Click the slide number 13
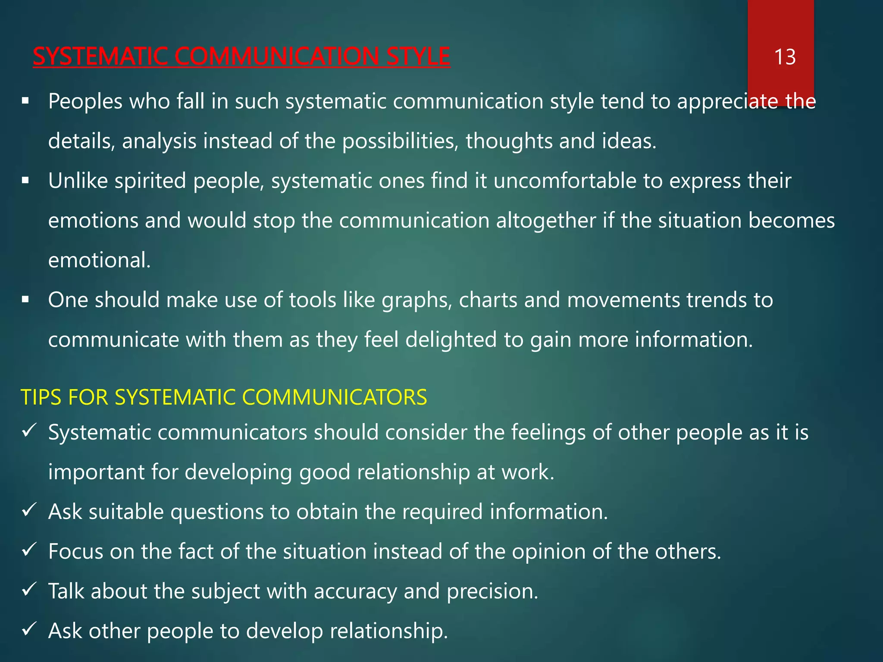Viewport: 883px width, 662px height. click(x=785, y=57)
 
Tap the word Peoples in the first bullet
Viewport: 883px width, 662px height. click(x=85, y=102)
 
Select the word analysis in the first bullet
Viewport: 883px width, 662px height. click(x=159, y=141)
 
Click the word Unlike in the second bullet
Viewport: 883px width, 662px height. click(x=78, y=181)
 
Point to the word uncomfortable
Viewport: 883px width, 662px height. click(x=565, y=181)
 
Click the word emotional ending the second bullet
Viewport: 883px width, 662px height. click(x=99, y=260)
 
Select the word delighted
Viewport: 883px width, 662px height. click(x=451, y=340)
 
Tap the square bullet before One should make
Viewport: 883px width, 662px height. click(x=25, y=300)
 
